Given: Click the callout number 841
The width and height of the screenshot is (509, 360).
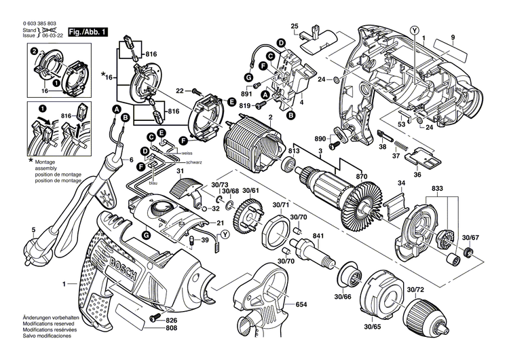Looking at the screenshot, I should (x=317, y=236).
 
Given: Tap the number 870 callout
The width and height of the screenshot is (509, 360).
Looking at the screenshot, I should (x=362, y=177).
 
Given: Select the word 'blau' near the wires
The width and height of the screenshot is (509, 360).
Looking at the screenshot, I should (x=154, y=183).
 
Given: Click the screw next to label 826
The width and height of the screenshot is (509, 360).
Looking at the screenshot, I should (x=153, y=319).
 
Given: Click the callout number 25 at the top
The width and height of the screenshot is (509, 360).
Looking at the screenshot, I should (x=295, y=26).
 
